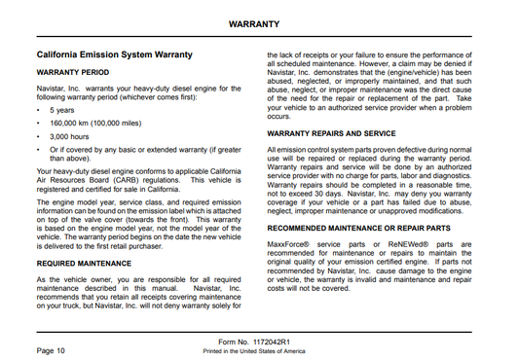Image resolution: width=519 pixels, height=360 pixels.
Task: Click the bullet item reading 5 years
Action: [x=61, y=110]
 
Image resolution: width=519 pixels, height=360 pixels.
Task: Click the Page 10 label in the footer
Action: [x=51, y=348]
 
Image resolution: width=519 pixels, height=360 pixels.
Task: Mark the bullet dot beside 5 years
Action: [x=38, y=110]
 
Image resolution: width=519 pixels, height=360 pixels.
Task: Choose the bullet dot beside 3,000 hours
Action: [x=38, y=137]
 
